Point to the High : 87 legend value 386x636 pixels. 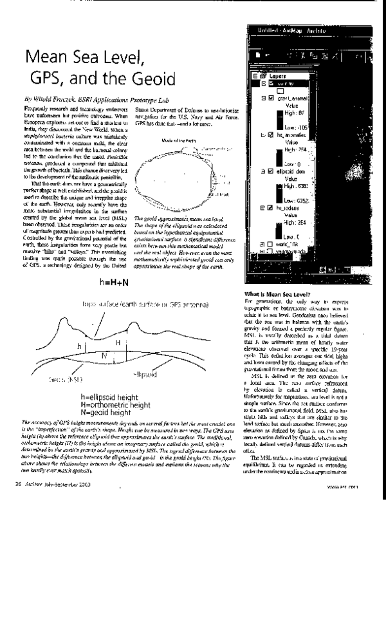coord(295,113)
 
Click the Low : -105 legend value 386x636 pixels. coord(296,128)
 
